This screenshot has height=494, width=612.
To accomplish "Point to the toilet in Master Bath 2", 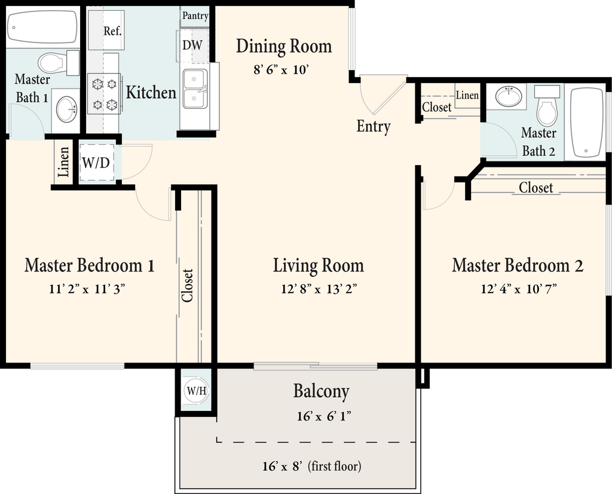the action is (x=547, y=105).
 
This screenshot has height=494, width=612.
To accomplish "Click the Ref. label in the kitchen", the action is (x=113, y=31).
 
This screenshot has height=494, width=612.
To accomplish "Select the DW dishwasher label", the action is (x=192, y=45).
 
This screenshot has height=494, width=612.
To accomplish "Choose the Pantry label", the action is (x=195, y=16).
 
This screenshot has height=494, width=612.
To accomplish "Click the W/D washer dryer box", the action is (x=97, y=163).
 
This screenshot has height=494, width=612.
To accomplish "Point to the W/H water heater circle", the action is (x=196, y=391).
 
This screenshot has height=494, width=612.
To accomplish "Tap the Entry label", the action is (x=373, y=127).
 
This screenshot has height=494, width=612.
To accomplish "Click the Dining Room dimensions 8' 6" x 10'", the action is (x=281, y=71).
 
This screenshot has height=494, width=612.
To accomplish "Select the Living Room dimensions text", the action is (x=319, y=289).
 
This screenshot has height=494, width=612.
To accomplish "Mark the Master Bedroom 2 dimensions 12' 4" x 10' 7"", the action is (x=518, y=289).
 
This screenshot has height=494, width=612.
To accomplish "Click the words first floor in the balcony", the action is (x=335, y=466).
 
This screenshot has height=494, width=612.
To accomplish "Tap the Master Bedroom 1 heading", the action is (x=90, y=265).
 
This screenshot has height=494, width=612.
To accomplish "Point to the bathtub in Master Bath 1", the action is (x=42, y=26).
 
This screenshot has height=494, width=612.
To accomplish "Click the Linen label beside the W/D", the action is (x=63, y=161).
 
